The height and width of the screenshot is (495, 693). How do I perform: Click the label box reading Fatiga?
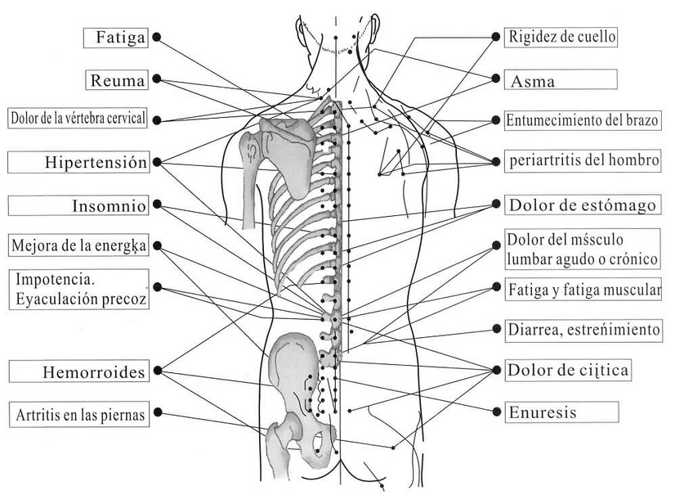coord(115,38)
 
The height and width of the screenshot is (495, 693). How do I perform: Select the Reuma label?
coord(116,80)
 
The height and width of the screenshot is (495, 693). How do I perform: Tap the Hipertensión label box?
coord(78,162)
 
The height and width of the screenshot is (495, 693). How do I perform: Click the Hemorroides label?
coord(78,372)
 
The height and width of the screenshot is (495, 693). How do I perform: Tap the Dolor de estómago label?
coord(582,205)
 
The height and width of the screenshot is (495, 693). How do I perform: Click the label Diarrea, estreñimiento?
coord(583,330)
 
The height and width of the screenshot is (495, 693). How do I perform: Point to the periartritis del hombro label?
coord(582,160)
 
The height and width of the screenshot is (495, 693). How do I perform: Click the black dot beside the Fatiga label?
coord(156,38)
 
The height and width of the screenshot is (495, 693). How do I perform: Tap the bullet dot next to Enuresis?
coord(495,412)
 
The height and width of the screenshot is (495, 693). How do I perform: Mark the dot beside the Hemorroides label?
coord(156,371)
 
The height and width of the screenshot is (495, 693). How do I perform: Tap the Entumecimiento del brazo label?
coord(582,120)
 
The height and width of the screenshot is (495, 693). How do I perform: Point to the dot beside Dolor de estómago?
coord(495,203)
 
